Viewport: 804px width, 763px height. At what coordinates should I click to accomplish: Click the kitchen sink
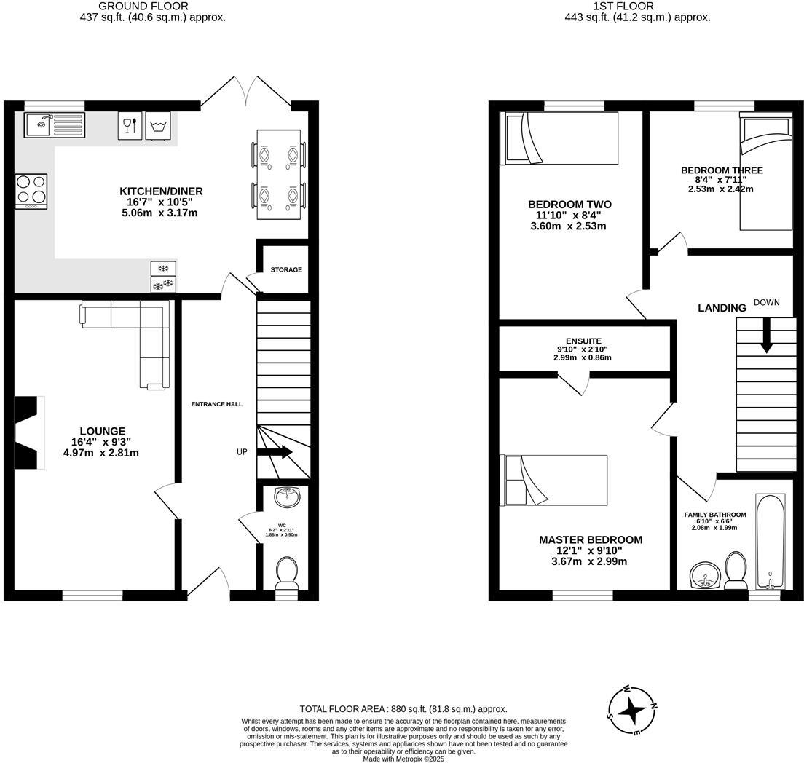(55, 124)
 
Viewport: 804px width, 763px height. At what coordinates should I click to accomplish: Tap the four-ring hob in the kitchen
(31, 190)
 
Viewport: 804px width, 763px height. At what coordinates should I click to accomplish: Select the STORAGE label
(286, 270)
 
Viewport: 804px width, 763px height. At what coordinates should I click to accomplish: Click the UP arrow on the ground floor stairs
(275, 452)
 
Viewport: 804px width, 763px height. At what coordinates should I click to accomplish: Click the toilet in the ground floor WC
(285, 572)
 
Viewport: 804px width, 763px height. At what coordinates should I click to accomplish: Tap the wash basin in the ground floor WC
(288, 498)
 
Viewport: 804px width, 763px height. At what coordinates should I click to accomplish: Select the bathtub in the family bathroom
(770, 542)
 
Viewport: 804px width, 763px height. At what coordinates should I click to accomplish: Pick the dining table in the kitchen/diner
(278, 175)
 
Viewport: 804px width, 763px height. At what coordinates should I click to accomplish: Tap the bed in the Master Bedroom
(554, 481)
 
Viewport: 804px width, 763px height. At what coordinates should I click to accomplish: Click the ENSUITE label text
(583, 341)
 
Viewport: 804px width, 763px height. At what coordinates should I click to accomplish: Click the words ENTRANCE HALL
(216, 404)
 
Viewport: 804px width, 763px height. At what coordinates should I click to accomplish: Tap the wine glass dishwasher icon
(129, 125)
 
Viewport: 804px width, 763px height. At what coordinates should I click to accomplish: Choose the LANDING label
(722, 308)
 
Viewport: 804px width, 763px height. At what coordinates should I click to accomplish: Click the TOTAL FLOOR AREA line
(403, 708)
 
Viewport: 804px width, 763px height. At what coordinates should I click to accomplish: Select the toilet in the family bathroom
(735, 569)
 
